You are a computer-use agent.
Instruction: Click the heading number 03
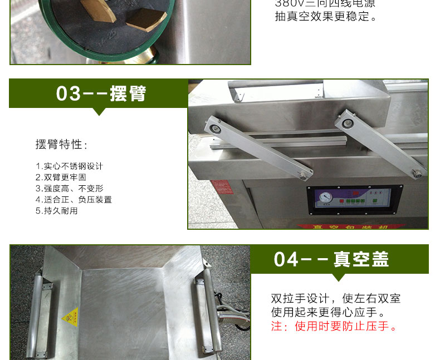[x=69, y=93]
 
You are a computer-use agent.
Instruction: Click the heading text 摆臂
[x=128, y=93]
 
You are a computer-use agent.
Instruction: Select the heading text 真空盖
[x=361, y=259]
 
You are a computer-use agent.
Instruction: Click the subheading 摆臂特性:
[x=62, y=145]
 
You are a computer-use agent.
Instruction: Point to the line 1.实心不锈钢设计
[x=69, y=166]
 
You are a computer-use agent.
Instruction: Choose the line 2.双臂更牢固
[x=61, y=177]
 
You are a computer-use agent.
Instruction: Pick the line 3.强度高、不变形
[x=69, y=188]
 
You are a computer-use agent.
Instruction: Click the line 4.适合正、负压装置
[x=74, y=199]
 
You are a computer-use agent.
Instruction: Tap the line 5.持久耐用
[x=57, y=210]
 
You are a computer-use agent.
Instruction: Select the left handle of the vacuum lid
[x=37, y=312]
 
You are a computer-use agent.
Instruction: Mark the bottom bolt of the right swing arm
[x=416, y=173]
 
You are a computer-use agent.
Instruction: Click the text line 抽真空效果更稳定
[x=326, y=16]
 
